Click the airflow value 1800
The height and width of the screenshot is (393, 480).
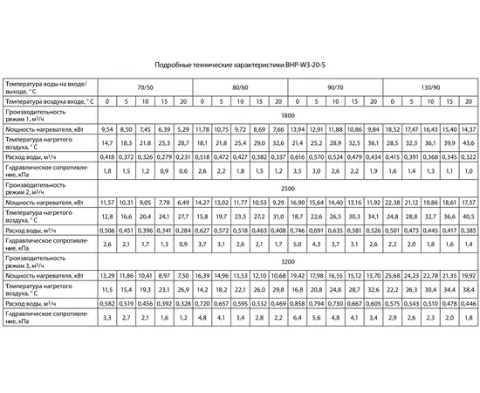click(x=287, y=115)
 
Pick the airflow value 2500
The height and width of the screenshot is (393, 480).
click(x=287, y=188)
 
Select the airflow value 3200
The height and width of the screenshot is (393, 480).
click(x=287, y=260)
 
